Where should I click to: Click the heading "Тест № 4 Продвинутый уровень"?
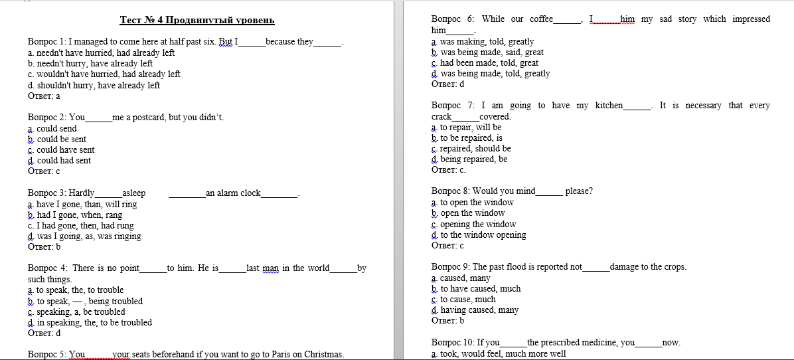coord(197,21)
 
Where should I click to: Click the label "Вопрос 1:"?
coord(47,42)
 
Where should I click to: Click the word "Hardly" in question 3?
coord(82,193)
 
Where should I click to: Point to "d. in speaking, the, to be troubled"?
coord(90,323)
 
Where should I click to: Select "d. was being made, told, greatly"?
coord(491,74)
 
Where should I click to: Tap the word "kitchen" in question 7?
coord(609,106)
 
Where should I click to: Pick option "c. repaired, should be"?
coord(471,149)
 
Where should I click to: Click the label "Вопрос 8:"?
coord(450,191)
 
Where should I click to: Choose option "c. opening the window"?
coord(473,225)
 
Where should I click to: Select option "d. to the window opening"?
coord(478,235)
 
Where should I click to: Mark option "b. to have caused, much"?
coord(476,289)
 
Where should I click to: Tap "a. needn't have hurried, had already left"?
coord(102,52)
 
